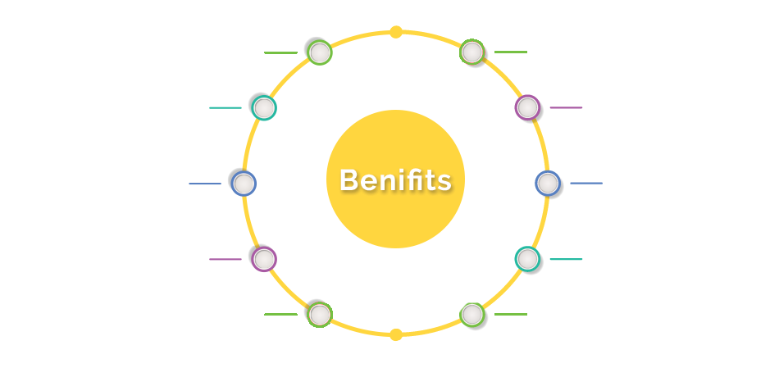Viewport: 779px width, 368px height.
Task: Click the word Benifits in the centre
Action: (x=395, y=179)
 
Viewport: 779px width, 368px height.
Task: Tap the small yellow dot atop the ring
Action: (x=396, y=32)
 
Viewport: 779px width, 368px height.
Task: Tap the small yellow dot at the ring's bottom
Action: (x=396, y=334)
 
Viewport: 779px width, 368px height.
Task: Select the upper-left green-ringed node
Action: (x=320, y=52)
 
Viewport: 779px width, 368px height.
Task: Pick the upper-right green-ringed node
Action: (x=472, y=52)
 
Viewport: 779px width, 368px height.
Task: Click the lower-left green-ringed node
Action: (x=320, y=315)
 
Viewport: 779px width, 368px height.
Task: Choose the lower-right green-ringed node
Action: (x=472, y=315)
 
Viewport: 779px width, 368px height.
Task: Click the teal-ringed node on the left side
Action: (x=264, y=107)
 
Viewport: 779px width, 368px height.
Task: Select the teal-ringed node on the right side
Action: (x=527, y=259)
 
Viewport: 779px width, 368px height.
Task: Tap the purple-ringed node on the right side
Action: (x=527, y=107)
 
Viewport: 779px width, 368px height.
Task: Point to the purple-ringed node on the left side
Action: (x=264, y=259)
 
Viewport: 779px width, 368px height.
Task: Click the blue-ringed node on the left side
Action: (x=244, y=184)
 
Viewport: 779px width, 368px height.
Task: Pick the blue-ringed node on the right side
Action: (x=548, y=184)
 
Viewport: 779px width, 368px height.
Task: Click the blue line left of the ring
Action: (x=205, y=184)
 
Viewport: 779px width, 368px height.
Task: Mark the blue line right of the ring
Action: (x=586, y=184)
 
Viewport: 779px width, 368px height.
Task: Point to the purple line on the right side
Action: (x=566, y=107)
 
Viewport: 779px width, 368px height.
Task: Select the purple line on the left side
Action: (x=225, y=259)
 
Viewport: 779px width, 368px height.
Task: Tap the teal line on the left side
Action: (x=225, y=107)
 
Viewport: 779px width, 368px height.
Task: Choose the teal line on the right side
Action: (x=566, y=259)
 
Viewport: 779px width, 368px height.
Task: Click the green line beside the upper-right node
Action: (x=511, y=52)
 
